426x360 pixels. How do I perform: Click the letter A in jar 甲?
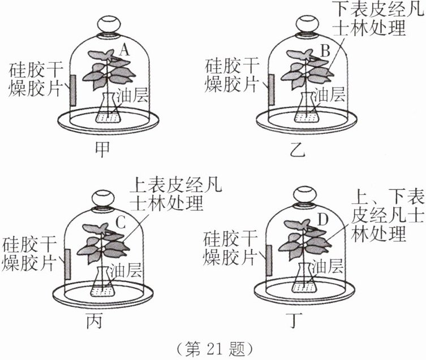(x=126, y=51)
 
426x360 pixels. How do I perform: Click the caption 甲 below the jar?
(x=104, y=148)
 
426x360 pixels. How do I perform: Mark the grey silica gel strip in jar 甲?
(x=74, y=90)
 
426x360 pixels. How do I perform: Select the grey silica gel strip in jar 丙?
(x=67, y=263)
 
